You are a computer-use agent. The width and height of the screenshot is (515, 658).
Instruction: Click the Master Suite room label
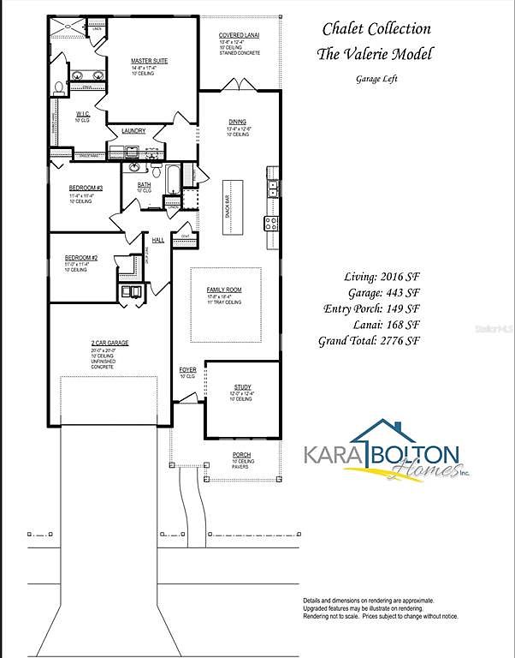(149, 61)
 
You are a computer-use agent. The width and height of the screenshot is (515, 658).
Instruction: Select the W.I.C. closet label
(82, 114)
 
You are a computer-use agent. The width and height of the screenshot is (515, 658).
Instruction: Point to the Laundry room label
(133, 131)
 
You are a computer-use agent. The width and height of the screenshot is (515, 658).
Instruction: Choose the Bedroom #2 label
(81, 258)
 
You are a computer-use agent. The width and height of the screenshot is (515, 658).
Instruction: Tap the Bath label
(144, 184)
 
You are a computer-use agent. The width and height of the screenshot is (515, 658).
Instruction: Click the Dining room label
(237, 122)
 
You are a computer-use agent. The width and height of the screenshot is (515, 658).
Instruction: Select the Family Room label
(224, 290)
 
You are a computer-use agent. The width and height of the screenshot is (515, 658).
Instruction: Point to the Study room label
(241, 387)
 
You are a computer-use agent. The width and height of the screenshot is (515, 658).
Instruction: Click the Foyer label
(187, 370)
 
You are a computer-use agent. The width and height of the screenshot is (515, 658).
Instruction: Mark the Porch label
(241, 454)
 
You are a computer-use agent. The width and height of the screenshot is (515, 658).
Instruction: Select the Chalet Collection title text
(376, 29)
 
